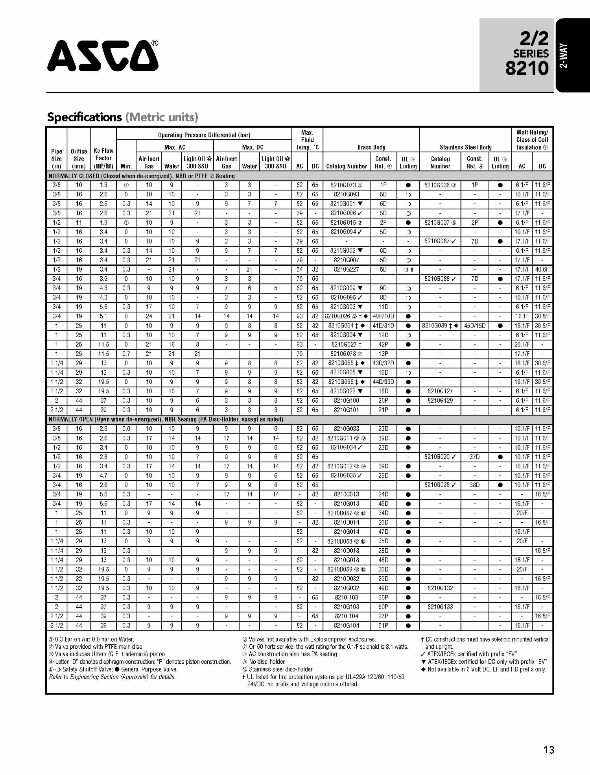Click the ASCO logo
click(103, 55)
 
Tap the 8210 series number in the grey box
click(527, 68)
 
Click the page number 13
click(548, 750)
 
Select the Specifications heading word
click(84, 117)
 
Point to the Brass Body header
click(371, 147)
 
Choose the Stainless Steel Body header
click(465, 147)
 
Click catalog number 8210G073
click(343, 185)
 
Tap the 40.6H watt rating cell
click(542, 270)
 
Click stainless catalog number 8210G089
click(437, 326)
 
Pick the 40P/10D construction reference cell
click(383, 316)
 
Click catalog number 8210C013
click(346, 494)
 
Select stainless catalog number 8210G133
click(440, 607)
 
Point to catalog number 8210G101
click(346, 410)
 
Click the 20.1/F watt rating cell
click(522, 344)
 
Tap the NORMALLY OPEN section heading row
click(166, 419)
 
